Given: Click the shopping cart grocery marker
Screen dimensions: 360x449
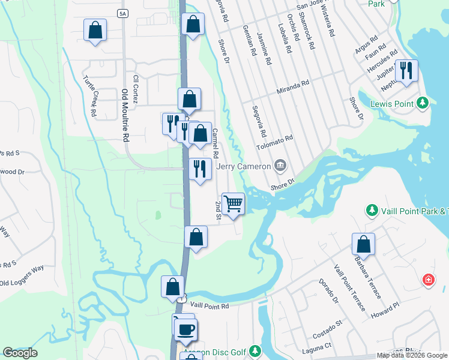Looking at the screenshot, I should tap(233, 203).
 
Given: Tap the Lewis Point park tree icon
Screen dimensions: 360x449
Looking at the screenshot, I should tap(423, 104).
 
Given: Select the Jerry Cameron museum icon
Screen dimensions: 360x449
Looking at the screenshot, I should tap(280, 165).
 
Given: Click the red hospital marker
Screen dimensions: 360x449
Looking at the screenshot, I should tap(428, 280).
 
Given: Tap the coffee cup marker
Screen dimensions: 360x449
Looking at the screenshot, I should tap(186, 328).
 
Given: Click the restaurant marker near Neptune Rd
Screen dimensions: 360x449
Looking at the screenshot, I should tap(406, 70).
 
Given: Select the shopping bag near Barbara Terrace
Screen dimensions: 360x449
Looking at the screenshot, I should tap(363, 244).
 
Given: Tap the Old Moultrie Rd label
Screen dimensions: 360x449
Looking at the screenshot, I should tap(125, 115).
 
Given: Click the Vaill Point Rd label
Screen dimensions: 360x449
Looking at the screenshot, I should tap(208, 307).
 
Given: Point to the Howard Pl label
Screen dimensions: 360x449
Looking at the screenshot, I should tap(385, 310).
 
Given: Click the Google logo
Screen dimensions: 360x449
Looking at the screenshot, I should tap(20, 353).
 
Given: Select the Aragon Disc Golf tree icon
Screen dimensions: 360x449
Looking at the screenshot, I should tap(255, 350).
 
